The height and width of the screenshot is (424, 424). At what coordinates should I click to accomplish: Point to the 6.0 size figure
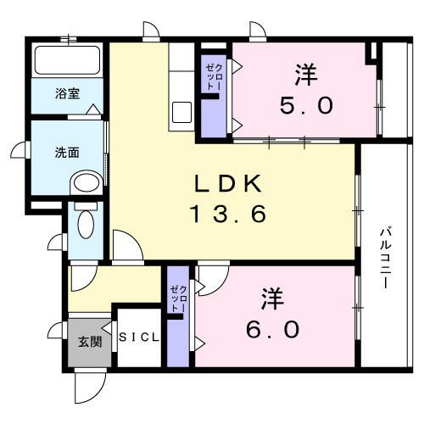pyautogui.click(x=273, y=328)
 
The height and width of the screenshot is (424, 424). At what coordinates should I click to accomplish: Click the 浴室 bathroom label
pyautogui.click(x=68, y=92)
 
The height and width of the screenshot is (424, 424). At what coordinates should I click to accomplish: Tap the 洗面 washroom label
pyautogui.click(x=67, y=153)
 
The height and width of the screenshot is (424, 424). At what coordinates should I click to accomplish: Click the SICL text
pyautogui.click(x=138, y=338)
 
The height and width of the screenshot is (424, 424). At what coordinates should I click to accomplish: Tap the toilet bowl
pyautogui.click(x=85, y=224)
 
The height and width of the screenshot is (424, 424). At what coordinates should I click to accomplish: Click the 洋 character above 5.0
pyautogui.click(x=306, y=75)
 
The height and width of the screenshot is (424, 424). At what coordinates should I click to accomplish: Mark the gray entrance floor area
pyautogui.click(x=89, y=343)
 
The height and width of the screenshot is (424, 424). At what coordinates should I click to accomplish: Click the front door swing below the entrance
pyautogui.click(x=87, y=386)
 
